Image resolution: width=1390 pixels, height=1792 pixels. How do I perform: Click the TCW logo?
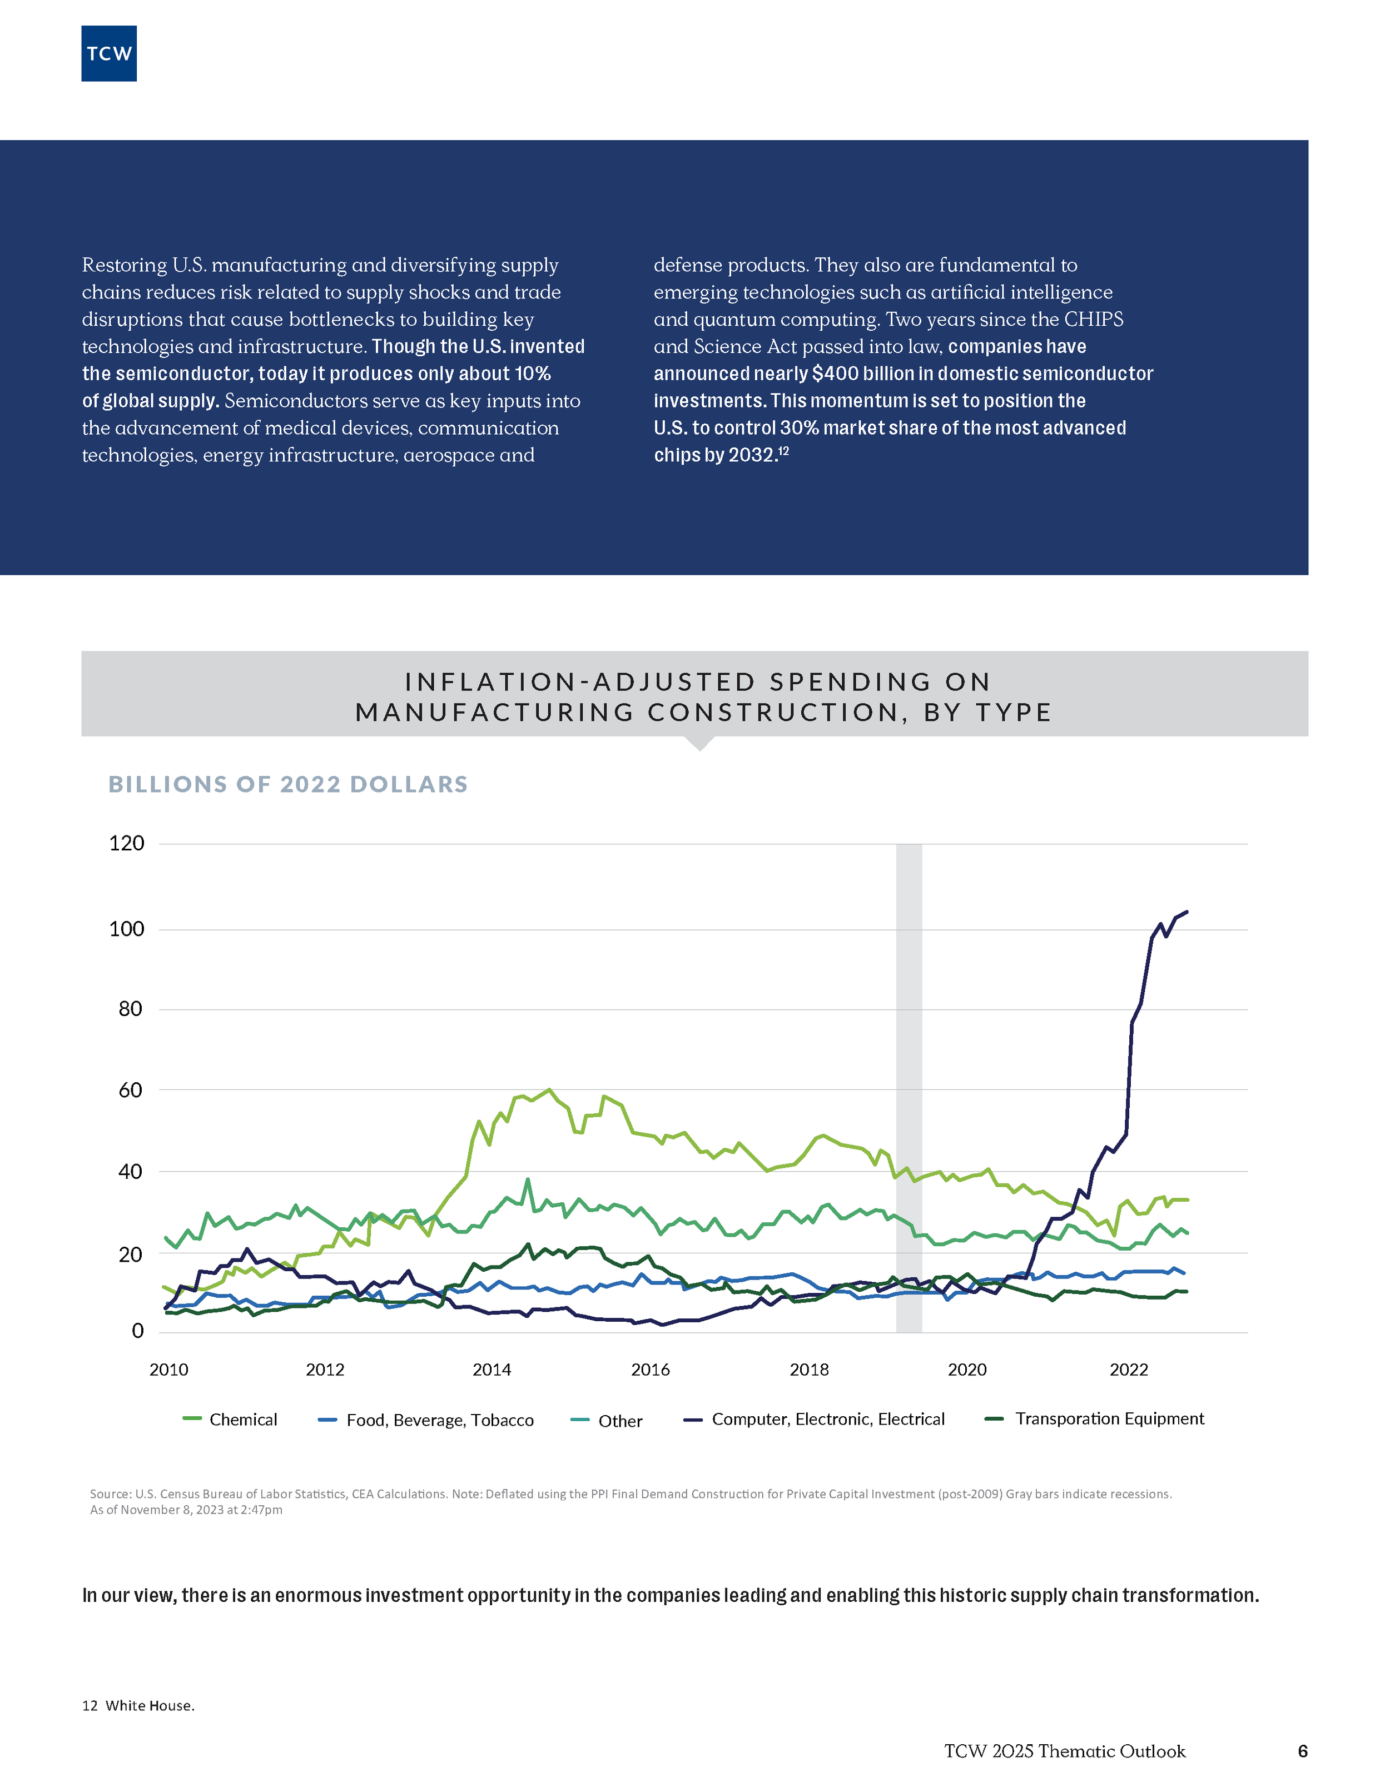(x=109, y=54)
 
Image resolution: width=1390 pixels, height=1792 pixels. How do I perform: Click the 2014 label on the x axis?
(x=492, y=1370)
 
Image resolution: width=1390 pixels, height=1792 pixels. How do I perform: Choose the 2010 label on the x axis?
(x=168, y=1370)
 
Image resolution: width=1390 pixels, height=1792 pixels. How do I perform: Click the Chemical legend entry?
(x=243, y=1420)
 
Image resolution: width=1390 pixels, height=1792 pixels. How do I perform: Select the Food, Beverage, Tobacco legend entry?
(x=440, y=1420)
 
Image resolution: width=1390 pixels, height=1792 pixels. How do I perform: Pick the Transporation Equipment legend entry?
(x=1109, y=1418)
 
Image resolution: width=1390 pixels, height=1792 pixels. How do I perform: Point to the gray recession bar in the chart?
(x=909, y=1067)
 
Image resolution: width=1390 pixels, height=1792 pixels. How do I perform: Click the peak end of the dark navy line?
(x=1187, y=912)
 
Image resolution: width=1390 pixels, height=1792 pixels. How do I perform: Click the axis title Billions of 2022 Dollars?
(x=288, y=784)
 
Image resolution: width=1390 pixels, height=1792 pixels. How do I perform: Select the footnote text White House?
(x=150, y=1706)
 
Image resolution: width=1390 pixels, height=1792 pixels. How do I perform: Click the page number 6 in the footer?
(x=1302, y=1751)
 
